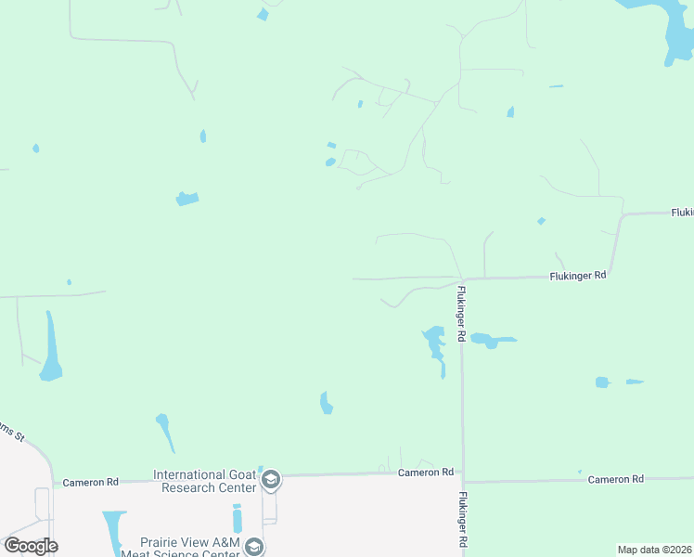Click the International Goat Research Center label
point(204,481)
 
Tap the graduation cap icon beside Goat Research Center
point(271,480)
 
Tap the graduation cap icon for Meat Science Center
point(254,547)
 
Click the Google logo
point(31,546)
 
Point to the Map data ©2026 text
point(654,550)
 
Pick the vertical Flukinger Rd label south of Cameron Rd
point(461,520)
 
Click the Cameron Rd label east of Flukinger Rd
point(615,479)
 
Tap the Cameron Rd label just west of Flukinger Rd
point(426,473)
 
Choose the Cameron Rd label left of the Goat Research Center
point(90,482)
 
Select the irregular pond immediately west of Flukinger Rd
point(434,343)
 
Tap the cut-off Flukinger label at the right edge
point(682,213)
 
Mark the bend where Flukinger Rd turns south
point(461,278)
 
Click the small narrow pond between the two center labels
point(237,518)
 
